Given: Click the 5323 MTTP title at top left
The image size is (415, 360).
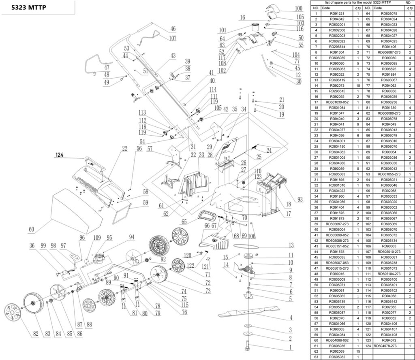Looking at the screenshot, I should (28, 7).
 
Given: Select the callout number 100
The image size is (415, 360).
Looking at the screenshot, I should (299, 9).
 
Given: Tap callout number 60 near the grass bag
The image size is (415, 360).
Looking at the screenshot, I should (31, 230).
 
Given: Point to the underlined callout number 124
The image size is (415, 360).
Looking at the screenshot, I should (61, 154).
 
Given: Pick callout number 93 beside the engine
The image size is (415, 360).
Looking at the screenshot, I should (300, 199).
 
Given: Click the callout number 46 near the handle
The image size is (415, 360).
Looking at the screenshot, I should (173, 29).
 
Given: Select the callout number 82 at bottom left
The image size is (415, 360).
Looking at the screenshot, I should (35, 334).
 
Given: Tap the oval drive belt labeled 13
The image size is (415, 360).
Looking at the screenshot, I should (251, 247).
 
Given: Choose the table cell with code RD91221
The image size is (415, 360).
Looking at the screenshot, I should (337, 14).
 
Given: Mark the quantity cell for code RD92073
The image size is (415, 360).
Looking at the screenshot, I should (358, 86).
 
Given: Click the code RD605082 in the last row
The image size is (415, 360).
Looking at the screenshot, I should (337, 357).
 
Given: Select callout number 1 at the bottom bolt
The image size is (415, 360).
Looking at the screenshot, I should (290, 347).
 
